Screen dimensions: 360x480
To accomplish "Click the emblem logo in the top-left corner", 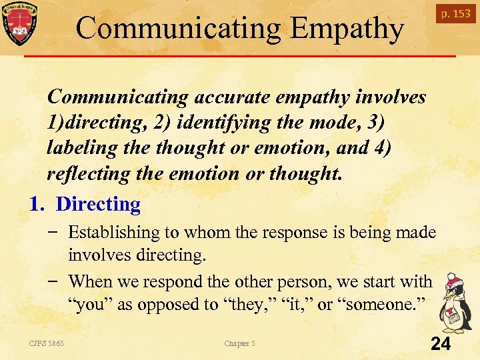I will point(20,23).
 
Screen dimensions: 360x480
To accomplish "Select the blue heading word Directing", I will point(98,205).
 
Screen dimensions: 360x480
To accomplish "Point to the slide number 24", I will point(441,344).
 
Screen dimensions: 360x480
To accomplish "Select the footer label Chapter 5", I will point(239,343).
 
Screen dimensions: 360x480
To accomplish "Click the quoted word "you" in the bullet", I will point(90,305).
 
